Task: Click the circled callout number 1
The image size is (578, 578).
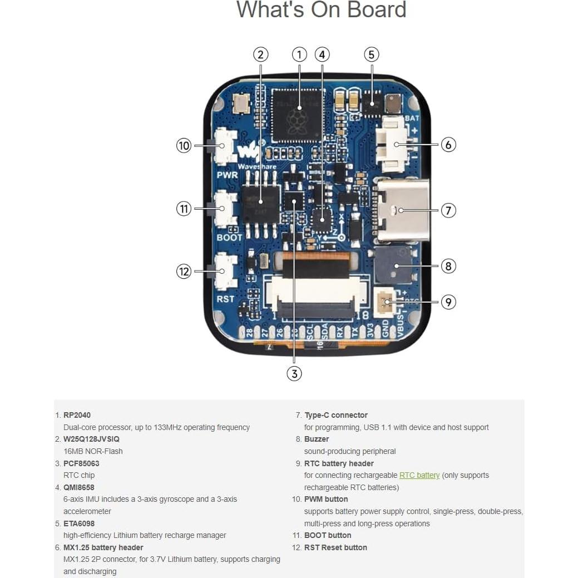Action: click(299, 55)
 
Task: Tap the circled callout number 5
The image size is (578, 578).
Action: click(372, 55)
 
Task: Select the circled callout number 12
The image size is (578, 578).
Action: click(184, 271)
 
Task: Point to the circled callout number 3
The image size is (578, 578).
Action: click(294, 373)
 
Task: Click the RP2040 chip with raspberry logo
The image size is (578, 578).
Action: click(297, 114)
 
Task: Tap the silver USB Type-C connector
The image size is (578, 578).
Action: click(403, 210)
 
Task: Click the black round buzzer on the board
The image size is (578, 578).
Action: click(394, 265)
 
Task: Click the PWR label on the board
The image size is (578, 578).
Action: click(228, 175)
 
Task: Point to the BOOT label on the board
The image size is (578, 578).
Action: click(229, 238)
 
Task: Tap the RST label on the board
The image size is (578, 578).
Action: click(226, 299)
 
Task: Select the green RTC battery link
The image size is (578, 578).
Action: click(419, 475)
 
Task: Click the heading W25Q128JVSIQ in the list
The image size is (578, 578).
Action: click(91, 439)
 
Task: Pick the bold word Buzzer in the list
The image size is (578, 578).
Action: click(317, 439)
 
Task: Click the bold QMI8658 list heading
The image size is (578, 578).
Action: click(78, 487)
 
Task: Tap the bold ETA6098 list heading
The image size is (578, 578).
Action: click(79, 523)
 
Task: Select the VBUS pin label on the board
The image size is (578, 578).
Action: click(401, 332)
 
